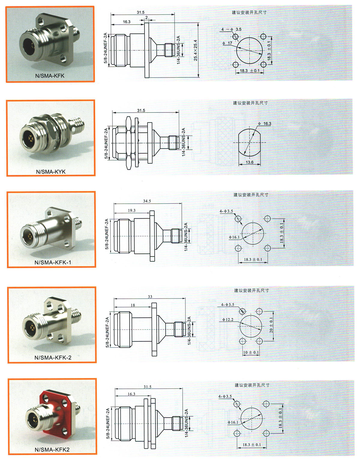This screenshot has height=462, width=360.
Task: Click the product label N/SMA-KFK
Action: (50, 76)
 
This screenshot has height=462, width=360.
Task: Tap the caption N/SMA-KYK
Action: (51, 172)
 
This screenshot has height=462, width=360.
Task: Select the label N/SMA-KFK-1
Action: (53, 262)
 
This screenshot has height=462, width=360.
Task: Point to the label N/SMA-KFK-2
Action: (53, 358)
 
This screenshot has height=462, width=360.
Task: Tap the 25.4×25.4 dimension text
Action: (195, 50)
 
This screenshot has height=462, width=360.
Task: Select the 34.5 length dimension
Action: (147, 201)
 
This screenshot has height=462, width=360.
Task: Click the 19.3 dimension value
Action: (131, 211)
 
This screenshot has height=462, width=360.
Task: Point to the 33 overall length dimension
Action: (150, 297)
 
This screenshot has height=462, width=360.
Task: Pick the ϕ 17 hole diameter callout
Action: (227, 43)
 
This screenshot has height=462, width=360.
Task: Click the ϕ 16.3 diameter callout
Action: (265, 124)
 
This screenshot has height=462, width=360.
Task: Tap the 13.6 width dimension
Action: (250, 162)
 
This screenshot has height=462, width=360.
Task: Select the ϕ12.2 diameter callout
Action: (228, 319)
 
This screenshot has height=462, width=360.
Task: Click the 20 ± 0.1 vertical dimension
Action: (271, 326)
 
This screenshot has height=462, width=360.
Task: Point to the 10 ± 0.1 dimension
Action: (251, 352)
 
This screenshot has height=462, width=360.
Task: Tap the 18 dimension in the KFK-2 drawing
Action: (133, 305)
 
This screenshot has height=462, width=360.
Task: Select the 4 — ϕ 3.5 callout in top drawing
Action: (231, 29)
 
